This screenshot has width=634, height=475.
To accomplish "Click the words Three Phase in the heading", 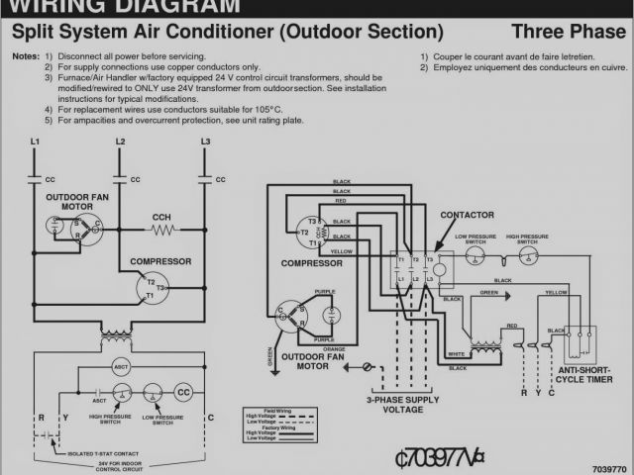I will pos(570,32).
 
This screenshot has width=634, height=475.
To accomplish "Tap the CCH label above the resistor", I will pos(161,217).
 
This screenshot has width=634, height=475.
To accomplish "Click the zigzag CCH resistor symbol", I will pos(162,230).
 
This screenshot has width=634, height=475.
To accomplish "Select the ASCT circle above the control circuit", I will pos(120,367).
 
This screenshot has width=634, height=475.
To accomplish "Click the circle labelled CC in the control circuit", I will pos(183,392).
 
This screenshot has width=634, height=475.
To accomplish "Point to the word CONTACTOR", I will pos(467,215).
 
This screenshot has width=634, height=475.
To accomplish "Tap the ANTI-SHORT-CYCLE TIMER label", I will pos(586,374).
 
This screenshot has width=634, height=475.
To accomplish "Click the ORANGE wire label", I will pos(336,348).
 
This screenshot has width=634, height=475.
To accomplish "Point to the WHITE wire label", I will pos(457,354).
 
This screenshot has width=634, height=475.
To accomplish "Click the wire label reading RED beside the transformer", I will pos(512,326).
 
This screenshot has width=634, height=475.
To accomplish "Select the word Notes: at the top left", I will pos(26,56).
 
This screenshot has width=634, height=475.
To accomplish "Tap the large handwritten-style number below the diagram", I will pos(439,458).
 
